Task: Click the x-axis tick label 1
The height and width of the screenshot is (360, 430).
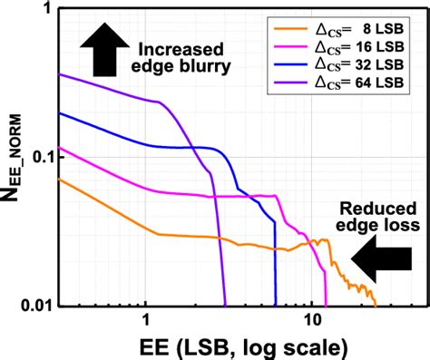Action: click(x=146, y=321)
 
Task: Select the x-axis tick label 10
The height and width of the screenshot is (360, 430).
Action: click(x=312, y=321)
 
